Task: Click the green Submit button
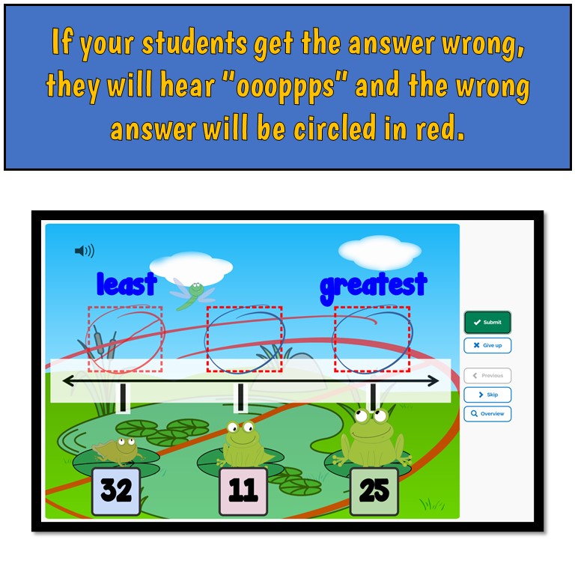coord(487,322)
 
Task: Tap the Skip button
coord(487,395)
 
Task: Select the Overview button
coord(487,413)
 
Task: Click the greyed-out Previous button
coord(487,375)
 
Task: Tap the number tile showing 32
coord(116,491)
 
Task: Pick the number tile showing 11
coord(243,491)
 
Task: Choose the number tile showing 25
coord(374,491)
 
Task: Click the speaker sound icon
coord(84,251)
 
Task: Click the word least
coord(127,285)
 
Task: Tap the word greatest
coord(373,285)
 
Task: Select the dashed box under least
coord(125,338)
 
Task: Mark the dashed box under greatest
coord(373,338)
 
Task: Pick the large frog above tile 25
coord(372,438)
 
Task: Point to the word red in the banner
coord(437,129)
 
